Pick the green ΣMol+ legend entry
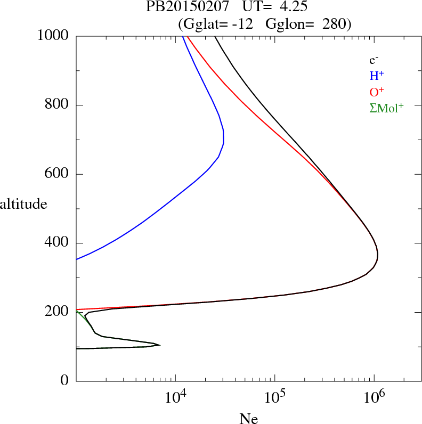(x=386, y=108)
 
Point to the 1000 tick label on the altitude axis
(x=53, y=36)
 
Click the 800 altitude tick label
(x=58, y=105)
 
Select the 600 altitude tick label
(x=58, y=174)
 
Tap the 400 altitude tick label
(x=58, y=243)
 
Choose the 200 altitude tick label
(x=58, y=312)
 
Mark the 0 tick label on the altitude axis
(x=65, y=381)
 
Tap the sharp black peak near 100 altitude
(x=160, y=345)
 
